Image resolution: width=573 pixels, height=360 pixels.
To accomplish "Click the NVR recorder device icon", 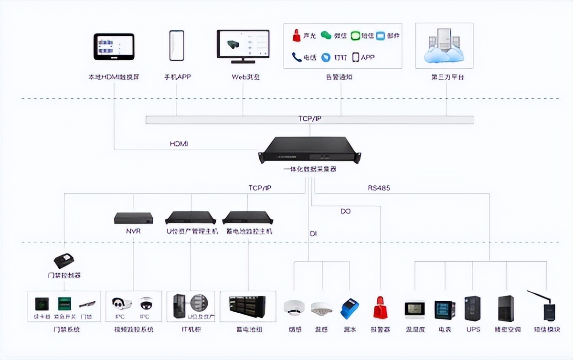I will [x=133, y=218].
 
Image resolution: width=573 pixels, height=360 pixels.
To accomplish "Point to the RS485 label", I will [x=379, y=188].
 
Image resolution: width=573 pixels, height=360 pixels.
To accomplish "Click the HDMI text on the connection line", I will [x=179, y=144].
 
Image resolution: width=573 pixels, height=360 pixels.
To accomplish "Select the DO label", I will [x=345, y=211].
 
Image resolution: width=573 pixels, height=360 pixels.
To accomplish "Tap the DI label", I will [x=313, y=233].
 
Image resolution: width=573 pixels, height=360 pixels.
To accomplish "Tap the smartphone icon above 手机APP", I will [x=177, y=46].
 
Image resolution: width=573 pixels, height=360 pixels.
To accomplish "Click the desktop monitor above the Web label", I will [x=243, y=46].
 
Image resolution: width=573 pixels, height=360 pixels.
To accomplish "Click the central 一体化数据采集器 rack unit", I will [x=310, y=149].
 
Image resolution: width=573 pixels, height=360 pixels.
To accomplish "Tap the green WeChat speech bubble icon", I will [x=326, y=35].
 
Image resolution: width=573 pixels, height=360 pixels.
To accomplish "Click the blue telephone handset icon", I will [x=296, y=57].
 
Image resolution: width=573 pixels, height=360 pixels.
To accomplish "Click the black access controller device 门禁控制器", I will [x=64, y=261].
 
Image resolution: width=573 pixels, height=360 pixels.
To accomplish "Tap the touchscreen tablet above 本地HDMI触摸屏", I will [x=114, y=47].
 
